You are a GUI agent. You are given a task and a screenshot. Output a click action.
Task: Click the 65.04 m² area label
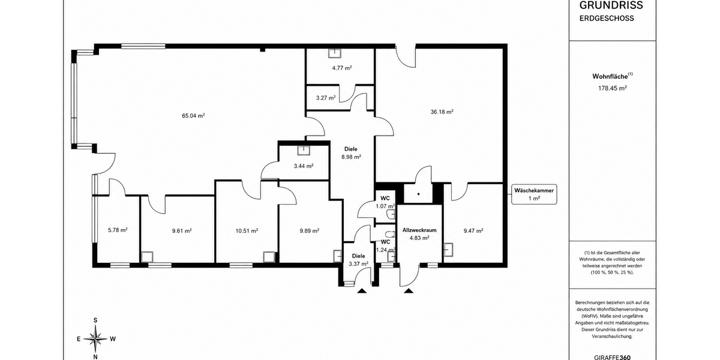click(193, 116)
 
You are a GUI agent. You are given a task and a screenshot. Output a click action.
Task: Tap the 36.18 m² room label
click(442, 112)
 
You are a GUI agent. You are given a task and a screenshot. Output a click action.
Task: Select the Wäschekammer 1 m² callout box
click(534, 194)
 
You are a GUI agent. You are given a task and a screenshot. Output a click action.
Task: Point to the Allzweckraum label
click(419, 230)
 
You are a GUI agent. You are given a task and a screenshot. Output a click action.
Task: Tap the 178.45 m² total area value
click(613, 88)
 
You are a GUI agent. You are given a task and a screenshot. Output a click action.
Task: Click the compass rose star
click(95, 338)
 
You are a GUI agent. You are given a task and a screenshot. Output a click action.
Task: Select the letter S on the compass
click(95, 320)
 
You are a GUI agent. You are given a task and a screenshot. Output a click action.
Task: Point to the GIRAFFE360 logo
click(613, 357)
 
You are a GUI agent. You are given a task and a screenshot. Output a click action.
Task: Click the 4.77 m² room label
click(341, 68)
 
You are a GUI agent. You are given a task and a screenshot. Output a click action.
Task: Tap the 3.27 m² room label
click(326, 98)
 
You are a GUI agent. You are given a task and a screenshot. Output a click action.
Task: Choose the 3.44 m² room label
click(304, 166)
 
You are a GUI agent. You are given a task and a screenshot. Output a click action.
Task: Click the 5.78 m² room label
click(118, 230)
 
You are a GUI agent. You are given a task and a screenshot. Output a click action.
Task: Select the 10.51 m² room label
click(247, 231)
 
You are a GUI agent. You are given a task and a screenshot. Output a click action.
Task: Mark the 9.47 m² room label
click(473, 231)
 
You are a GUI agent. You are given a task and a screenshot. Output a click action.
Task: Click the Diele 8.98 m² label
click(351, 153)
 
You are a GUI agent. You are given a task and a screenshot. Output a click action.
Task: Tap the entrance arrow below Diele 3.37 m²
click(362, 291)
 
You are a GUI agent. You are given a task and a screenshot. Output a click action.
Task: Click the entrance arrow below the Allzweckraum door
click(409, 291)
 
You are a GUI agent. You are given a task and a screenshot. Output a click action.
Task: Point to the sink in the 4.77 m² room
click(335, 53)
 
